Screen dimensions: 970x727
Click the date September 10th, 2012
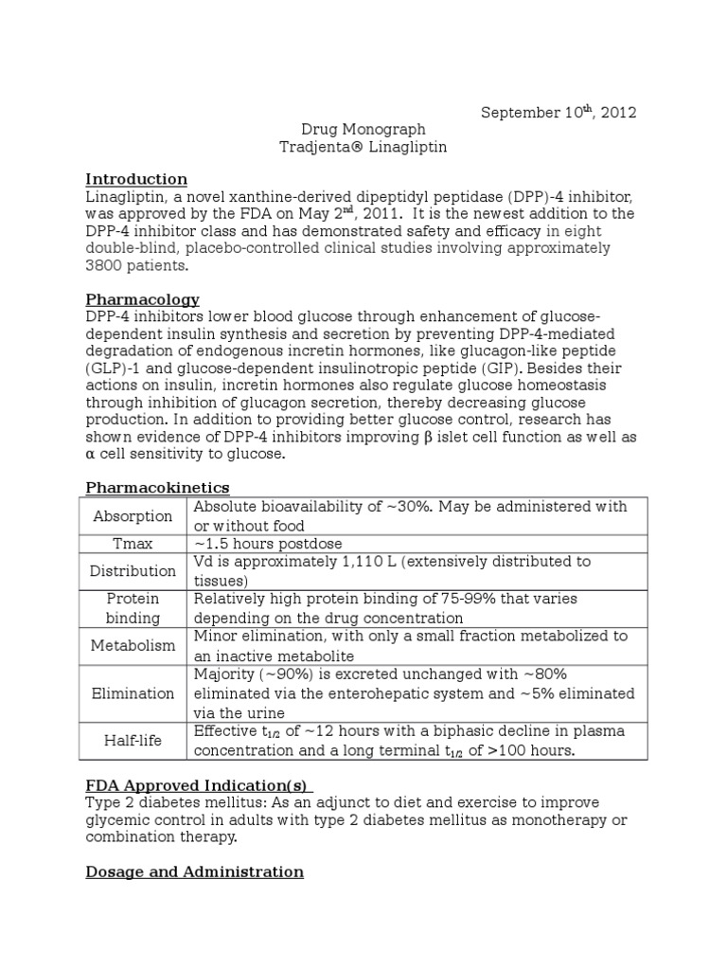click(559, 112)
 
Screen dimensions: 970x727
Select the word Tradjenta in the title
click(311, 147)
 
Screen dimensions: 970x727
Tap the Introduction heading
click(136, 179)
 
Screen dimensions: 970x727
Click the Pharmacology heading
click(142, 299)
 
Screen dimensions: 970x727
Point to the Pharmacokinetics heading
click(157, 487)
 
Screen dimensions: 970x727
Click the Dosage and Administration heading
click(194, 871)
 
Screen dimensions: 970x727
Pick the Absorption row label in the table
click(133, 516)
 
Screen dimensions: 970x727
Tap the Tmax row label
click(133, 544)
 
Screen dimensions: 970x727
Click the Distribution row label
click(133, 571)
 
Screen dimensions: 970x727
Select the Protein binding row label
click(133, 608)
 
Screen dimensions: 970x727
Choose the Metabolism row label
click(133, 646)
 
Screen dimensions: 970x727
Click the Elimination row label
click(133, 693)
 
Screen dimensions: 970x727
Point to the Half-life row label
click(133, 741)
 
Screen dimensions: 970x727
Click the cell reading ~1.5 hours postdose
click(268, 544)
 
